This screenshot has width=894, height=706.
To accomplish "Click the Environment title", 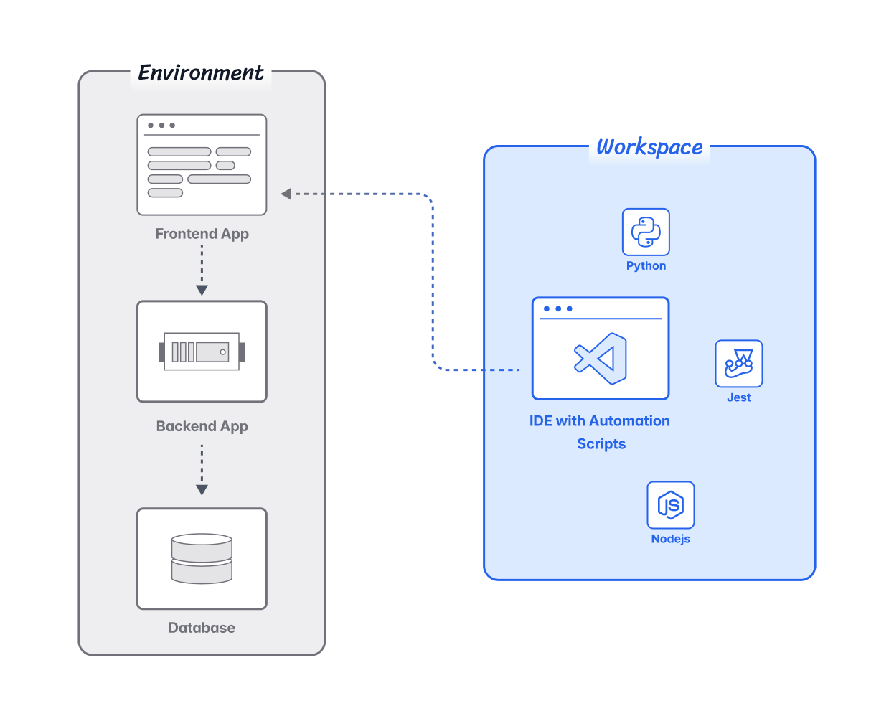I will (x=201, y=72).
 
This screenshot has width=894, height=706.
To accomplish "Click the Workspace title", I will (x=649, y=147).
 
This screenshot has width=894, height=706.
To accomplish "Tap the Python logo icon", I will (x=646, y=232).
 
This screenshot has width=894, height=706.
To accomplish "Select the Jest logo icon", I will (x=738, y=364).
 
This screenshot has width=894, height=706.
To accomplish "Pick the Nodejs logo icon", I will (x=670, y=505).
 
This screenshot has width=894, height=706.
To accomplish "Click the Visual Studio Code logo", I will (x=601, y=358).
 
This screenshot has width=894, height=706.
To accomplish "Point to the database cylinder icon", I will (x=202, y=558).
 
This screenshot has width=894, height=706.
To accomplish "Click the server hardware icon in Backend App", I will (x=202, y=352).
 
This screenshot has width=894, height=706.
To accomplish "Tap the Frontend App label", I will (x=202, y=234).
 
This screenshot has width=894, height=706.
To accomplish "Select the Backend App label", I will (x=202, y=426).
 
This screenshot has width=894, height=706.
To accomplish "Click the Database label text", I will (x=202, y=628).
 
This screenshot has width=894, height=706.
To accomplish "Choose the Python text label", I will (x=646, y=265).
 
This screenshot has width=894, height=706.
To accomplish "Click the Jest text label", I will (x=738, y=397).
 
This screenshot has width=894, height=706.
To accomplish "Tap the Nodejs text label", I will (x=670, y=539).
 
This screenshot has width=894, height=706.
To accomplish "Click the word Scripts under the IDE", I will (x=601, y=444).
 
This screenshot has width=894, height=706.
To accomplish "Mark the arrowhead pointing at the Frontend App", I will (x=286, y=194).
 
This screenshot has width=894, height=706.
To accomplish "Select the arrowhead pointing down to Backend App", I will (x=202, y=290).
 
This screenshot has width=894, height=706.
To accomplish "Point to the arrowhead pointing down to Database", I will (x=202, y=490).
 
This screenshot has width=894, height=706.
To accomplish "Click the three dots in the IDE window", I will (x=557, y=309).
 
